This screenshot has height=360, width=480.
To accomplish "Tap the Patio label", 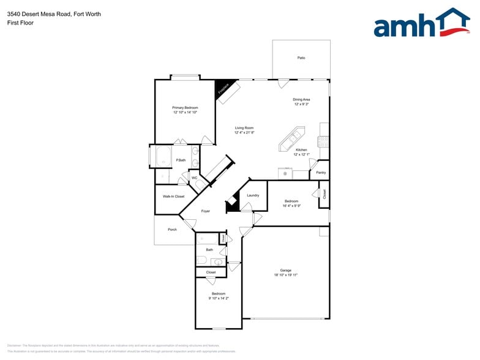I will pyautogui.click(x=301, y=58).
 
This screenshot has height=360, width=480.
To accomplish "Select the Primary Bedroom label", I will pyautogui.click(x=185, y=108).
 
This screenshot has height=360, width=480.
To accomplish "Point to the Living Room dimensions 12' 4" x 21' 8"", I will pyautogui.click(x=244, y=133).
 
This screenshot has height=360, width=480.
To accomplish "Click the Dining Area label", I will pyautogui.click(x=301, y=99).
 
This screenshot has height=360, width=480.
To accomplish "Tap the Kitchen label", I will pyautogui.click(x=301, y=150).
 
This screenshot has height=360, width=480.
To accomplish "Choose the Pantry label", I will pyautogui.click(x=321, y=173).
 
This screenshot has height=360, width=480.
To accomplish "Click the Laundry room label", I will pyautogui.click(x=253, y=195).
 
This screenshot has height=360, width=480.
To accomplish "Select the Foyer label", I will pyautogui.click(x=205, y=211).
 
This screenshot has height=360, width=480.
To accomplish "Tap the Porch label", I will pyautogui.click(x=172, y=230).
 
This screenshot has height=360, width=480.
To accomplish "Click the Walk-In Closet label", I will pyautogui.click(x=173, y=197).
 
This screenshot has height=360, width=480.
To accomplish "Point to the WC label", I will pyautogui.click(x=194, y=178).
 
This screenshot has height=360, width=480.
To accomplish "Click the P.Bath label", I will pyautogui.click(x=181, y=160).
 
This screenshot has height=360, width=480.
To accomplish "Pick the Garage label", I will pyautogui.click(x=285, y=270).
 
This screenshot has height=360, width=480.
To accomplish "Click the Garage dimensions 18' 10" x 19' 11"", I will pyautogui.click(x=285, y=276).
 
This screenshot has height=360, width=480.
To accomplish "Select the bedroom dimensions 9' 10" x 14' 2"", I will pyautogui.click(x=219, y=299).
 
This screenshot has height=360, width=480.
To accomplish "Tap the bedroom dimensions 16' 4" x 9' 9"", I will pyautogui.click(x=291, y=206).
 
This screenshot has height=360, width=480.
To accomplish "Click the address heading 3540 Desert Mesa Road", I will pyautogui.click(x=54, y=14).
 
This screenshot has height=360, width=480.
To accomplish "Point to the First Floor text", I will pyautogui.click(x=21, y=23).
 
